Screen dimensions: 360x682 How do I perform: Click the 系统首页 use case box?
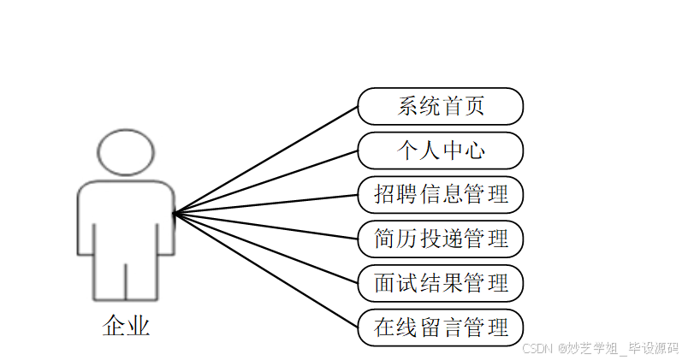440,106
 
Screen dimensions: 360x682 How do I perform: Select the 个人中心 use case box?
440,150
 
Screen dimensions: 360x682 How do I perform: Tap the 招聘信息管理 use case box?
440,194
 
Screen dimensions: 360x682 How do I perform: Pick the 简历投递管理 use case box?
440,239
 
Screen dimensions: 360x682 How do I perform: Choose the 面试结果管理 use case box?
440,283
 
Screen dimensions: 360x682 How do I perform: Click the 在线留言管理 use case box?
440,328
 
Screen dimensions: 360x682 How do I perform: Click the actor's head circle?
126,152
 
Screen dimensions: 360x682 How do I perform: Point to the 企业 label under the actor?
126,326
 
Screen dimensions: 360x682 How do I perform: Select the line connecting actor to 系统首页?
265,160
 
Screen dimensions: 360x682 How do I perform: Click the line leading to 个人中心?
265,182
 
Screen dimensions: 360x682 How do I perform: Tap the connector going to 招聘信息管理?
265,204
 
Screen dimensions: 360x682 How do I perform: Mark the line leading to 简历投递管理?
265,226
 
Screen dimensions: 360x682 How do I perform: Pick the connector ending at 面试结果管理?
265,248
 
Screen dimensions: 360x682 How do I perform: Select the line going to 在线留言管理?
265,270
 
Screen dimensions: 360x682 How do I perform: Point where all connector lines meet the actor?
174,213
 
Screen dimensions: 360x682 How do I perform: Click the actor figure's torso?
126,218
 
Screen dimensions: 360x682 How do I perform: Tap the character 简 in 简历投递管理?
385,239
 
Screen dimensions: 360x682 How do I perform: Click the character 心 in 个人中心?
474,150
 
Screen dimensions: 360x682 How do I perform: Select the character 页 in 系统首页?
474,106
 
